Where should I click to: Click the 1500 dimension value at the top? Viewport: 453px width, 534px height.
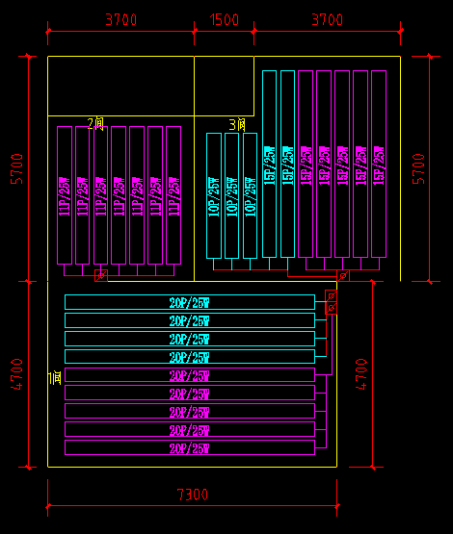[225, 19]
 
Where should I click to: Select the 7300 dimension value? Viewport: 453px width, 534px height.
[192, 495]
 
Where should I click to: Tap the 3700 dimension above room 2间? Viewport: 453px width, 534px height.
[120, 19]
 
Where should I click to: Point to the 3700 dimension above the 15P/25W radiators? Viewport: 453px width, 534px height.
[327, 19]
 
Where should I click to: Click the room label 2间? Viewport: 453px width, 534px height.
[95, 123]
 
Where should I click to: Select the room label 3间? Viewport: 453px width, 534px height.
[237, 124]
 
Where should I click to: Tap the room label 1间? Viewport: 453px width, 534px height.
[55, 379]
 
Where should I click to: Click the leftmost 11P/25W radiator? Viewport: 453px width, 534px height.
[65, 194]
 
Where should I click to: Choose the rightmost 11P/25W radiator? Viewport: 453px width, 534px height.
[174, 194]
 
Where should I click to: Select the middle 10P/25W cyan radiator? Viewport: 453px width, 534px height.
[231, 195]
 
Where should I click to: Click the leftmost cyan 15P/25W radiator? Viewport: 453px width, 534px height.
[269, 164]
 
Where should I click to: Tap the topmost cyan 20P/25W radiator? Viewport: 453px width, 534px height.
[189, 302]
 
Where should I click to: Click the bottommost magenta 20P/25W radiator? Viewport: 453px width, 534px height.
[189, 447]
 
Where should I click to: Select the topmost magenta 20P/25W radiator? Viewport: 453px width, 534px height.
[189, 375]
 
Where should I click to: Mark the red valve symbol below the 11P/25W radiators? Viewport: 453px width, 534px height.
[100, 276]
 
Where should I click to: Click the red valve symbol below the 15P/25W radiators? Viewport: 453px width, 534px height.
[343, 276]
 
